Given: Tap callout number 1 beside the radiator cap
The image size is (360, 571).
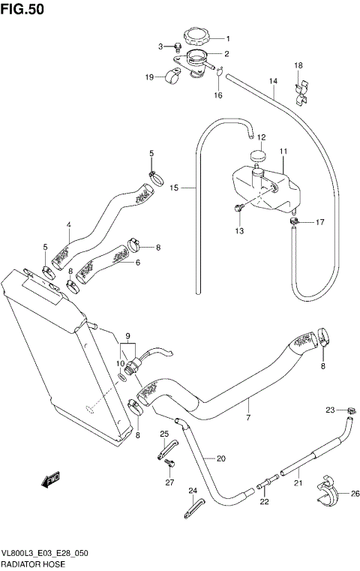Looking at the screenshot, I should pos(228,39).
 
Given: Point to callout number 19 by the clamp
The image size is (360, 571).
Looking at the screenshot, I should pos(149,77).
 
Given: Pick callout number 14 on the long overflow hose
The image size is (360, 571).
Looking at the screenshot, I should pos(273,81).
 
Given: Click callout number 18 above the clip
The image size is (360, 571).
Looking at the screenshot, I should pos(298,66).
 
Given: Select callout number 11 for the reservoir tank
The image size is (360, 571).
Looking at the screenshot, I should pos(283,152).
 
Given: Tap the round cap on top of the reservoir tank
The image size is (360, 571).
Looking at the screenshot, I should pos(259,157).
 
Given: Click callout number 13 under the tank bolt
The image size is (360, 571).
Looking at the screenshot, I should pos(238,231).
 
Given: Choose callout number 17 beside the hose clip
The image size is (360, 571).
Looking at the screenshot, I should pos(319,222).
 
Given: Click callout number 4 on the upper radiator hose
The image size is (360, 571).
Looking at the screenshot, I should pos(68,225).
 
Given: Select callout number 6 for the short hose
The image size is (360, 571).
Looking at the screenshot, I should pos(138,263).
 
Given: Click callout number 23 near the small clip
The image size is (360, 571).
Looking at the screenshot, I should pos(329,410).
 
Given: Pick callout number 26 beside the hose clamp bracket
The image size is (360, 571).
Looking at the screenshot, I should pos(355,493).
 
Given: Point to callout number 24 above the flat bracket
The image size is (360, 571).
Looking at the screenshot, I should pos(192,491).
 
